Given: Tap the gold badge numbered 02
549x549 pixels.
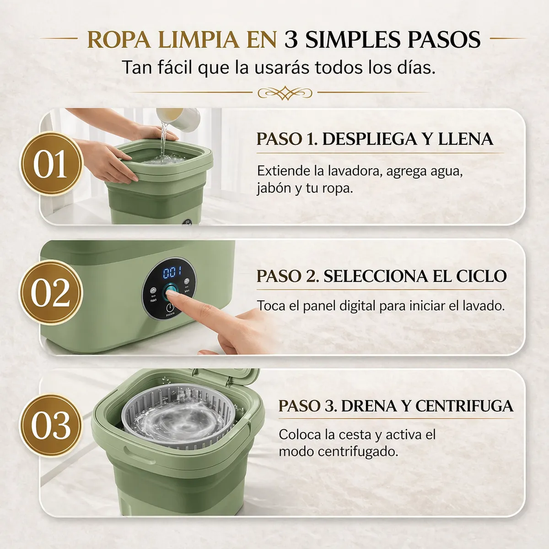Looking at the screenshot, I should point(51,292).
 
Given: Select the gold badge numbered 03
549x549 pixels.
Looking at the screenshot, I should point(51,425).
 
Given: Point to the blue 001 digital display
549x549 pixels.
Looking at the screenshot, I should point(172,273).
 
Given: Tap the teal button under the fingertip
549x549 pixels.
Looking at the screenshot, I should point(171,290).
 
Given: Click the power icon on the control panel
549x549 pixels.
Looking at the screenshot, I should point(171,307).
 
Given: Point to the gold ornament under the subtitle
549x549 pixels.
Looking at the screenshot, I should point(284,93).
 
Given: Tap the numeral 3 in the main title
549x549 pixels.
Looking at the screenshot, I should point(291,40).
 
